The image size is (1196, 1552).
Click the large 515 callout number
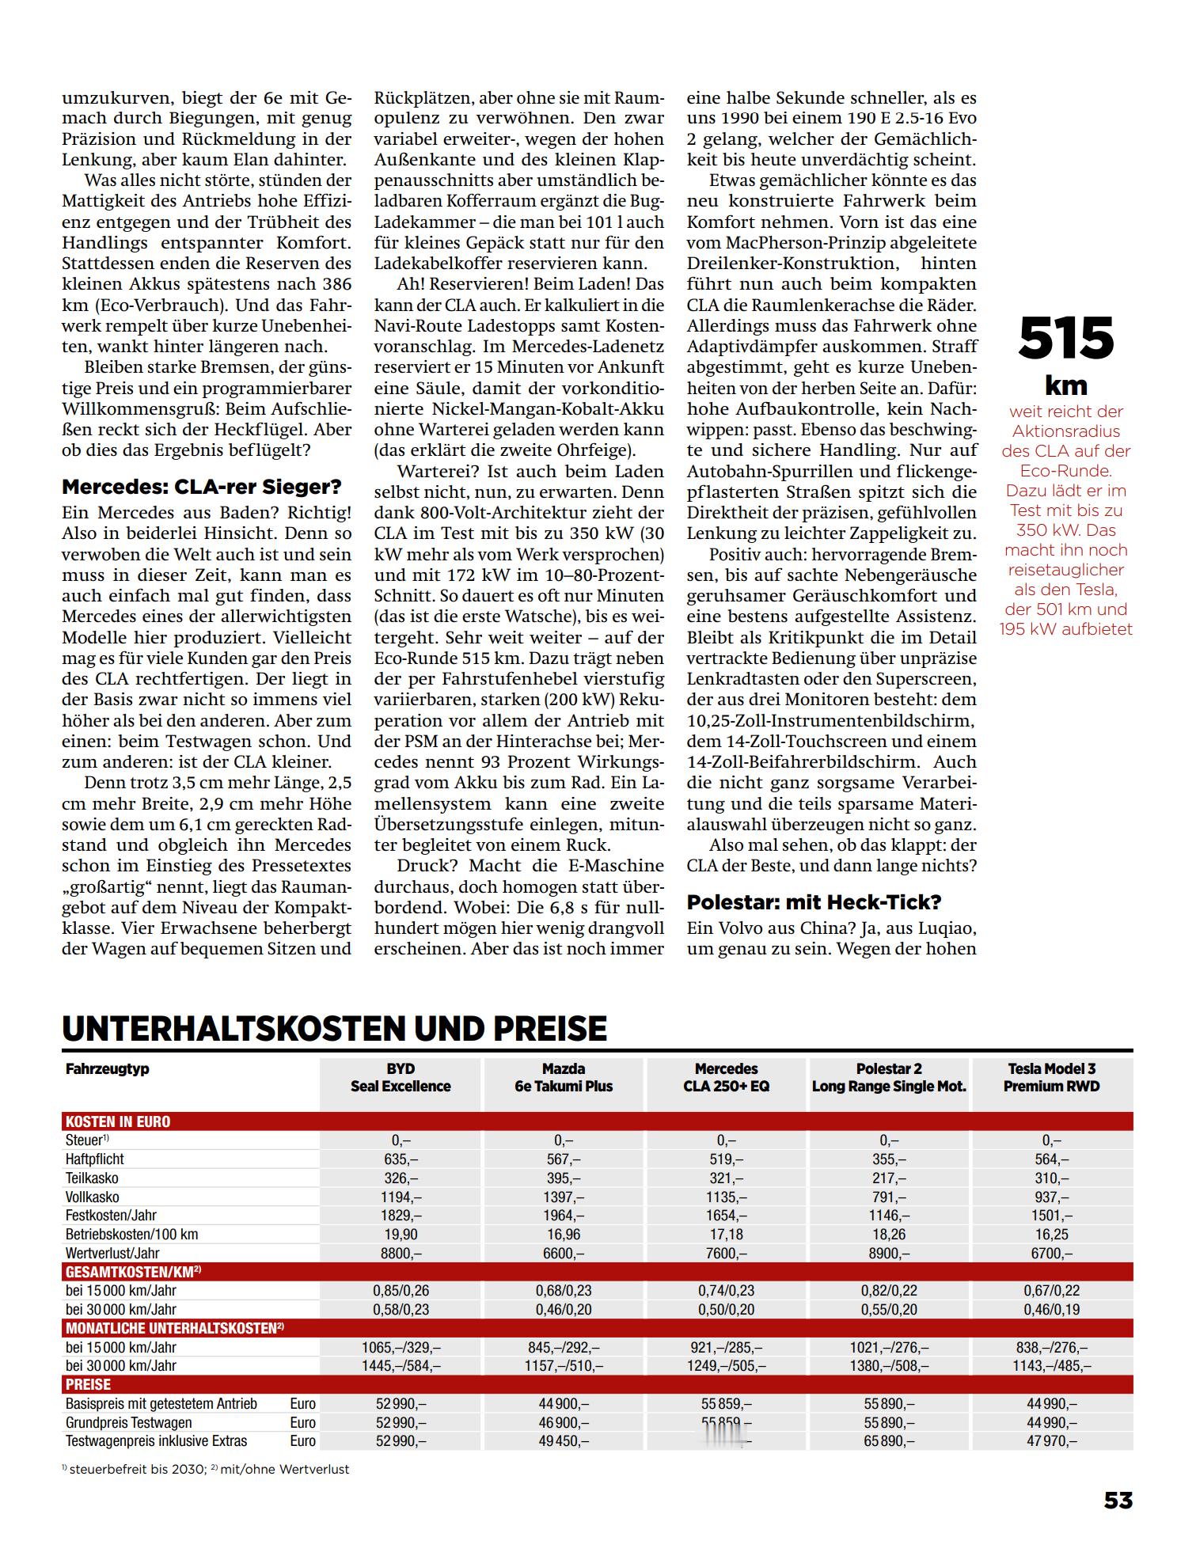1065,338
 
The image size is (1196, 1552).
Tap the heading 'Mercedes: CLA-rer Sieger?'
202,486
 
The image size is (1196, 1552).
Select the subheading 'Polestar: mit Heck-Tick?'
814,901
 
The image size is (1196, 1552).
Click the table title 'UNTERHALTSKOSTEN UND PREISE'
334,1028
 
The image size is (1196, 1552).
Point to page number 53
1118,1501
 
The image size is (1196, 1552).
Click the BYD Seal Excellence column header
401,1077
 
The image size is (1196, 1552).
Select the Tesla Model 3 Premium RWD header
1051,1077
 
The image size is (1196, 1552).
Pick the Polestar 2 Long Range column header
889,1077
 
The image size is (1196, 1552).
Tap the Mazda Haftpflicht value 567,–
564,1159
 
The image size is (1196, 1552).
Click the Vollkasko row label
93,1197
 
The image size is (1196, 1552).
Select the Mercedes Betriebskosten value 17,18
726,1234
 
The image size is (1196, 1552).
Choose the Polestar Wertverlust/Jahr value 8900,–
889,1253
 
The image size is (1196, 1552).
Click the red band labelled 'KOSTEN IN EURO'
118,1121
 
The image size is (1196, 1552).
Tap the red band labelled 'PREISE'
89,1384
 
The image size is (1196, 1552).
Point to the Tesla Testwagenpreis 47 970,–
1051,1440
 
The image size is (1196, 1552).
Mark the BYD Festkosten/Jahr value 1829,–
401,1215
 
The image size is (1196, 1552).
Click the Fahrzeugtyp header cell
108,1068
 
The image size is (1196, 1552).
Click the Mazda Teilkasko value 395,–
564,1178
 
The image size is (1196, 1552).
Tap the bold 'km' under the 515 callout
1065,385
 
